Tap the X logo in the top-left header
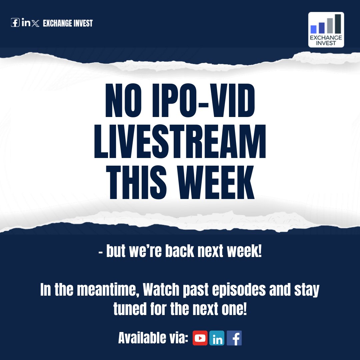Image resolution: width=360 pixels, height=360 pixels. (x=36, y=23)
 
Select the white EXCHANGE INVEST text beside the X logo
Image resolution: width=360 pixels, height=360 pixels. (x=68, y=23)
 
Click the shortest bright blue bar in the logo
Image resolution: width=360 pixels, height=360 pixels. (x=313, y=29)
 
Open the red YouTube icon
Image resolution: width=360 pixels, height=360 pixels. (x=200, y=338)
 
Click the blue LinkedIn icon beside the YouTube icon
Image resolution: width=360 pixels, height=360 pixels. (x=217, y=338)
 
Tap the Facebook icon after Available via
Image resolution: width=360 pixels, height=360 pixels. (x=234, y=338)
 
